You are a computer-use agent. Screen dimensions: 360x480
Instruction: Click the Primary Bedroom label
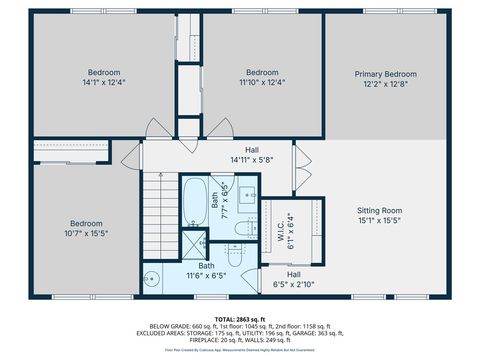[x=386, y=74]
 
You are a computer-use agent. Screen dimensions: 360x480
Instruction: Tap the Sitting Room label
[x=380, y=210]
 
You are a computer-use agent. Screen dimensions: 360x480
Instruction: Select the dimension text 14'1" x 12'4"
[x=104, y=84]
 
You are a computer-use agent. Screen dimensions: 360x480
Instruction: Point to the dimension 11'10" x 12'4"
[x=262, y=84]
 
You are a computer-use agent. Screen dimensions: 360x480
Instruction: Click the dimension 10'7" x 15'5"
[x=86, y=236]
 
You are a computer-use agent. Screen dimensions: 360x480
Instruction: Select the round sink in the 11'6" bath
[x=152, y=277]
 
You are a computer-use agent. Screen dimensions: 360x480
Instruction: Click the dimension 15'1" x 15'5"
[x=380, y=221]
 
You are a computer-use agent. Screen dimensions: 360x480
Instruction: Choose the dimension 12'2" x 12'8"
[x=386, y=85]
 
